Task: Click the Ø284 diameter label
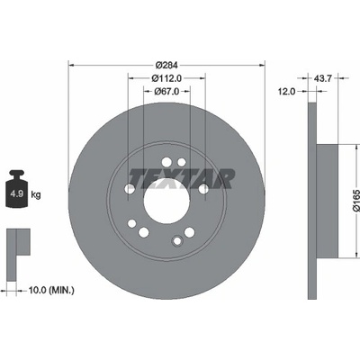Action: point(166,65)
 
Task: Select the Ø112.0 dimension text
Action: point(166,78)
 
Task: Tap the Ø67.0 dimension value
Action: point(166,92)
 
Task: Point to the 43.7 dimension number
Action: point(322,78)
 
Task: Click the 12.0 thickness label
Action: point(286,92)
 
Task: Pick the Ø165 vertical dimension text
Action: point(356,201)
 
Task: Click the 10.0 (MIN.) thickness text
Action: point(51,290)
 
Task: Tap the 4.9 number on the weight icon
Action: point(17,193)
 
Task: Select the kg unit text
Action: point(36,195)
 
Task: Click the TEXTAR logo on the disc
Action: point(182,179)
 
